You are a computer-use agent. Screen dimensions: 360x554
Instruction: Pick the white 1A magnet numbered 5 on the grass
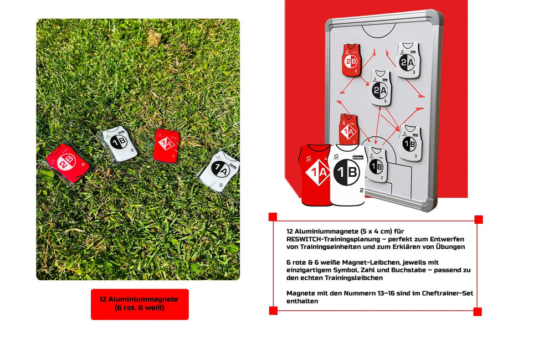tap(219, 169)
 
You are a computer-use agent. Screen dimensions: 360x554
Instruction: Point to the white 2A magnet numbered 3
tap(407, 59)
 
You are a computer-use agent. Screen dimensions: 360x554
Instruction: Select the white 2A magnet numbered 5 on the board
tap(380, 88)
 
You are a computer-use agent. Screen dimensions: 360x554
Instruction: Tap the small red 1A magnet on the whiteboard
tap(348, 128)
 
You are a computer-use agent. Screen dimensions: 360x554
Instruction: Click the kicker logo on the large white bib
tap(357, 157)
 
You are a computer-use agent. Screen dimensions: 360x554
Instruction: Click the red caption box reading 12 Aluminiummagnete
tap(140, 304)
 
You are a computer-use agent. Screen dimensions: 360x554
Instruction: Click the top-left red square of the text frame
tap(273, 217)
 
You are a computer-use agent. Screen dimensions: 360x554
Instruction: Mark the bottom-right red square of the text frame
tap(478, 312)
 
